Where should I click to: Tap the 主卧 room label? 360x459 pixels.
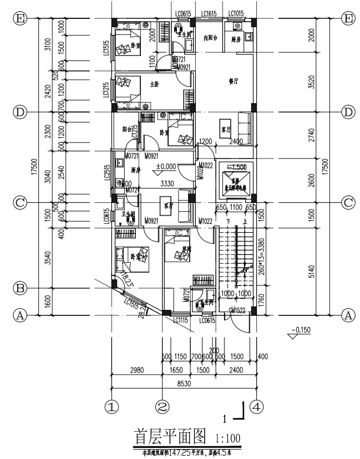155,84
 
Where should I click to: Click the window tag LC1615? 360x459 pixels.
209,13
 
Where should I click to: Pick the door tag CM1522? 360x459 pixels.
238,310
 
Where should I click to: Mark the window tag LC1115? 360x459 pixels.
181,320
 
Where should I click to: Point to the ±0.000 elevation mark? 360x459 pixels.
165,166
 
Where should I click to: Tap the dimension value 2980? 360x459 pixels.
136,370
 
